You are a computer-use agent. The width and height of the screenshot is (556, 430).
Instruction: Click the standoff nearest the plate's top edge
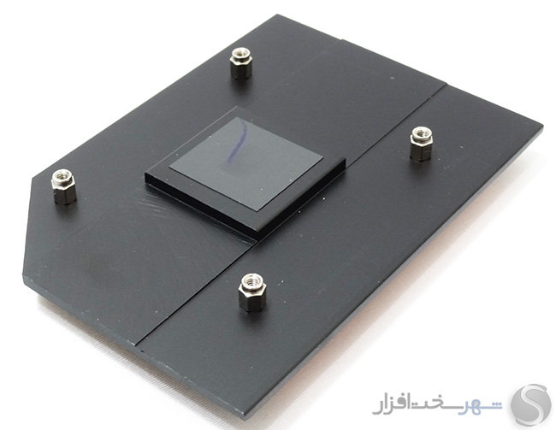coord(240,63)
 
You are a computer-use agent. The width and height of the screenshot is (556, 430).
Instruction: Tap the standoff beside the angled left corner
coord(64,186)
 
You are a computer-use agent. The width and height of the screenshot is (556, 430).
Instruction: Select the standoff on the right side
coord(421,144)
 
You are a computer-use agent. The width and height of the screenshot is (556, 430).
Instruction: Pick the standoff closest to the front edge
coord(252,292)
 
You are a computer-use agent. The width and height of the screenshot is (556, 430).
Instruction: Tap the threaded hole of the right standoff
coord(421,133)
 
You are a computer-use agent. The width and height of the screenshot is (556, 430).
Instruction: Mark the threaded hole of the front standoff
coord(252,280)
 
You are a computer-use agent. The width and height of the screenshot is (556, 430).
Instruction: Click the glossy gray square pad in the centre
coord(246,162)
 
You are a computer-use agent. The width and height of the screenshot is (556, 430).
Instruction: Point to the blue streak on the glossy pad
coord(236,142)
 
